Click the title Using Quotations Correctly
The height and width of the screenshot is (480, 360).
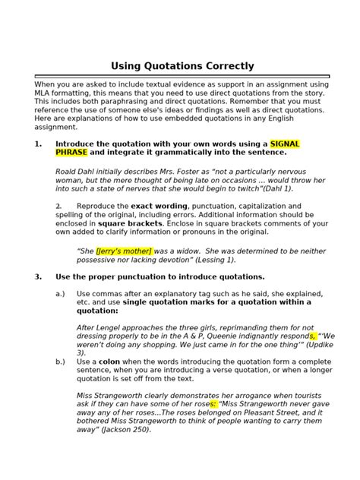coord(182,66)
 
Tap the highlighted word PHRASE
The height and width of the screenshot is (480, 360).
coord(71,152)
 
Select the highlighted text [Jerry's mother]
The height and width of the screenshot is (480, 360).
coord(124,251)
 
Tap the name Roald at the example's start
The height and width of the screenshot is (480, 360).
coord(68,171)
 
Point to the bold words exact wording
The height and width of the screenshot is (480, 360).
coord(158,207)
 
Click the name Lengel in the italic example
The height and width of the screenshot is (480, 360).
coord(106,327)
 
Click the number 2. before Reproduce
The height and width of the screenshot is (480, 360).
coord(58,207)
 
